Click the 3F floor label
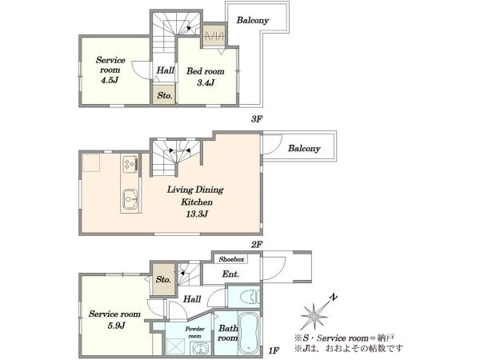coord(257,118)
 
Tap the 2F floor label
coord(257,244)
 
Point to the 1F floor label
coord(274,350)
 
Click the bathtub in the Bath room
coord(249,333)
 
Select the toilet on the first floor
coord(250,297)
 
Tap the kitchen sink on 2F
coord(130,199)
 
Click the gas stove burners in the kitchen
coord(130,164)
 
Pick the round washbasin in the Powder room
coord(201,349)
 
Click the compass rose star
coord(314,316)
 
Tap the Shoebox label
coord(231,259)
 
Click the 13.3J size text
coord(197,214)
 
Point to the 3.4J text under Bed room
coord(206,82)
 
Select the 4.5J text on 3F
coord(110,80)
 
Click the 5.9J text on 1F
coord(116,325)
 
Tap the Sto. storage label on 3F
coord(165,95)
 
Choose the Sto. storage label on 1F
coord(163,279)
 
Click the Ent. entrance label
coord(230,274)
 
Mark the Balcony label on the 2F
coord(304,149)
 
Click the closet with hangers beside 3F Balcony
coord(214,35)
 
